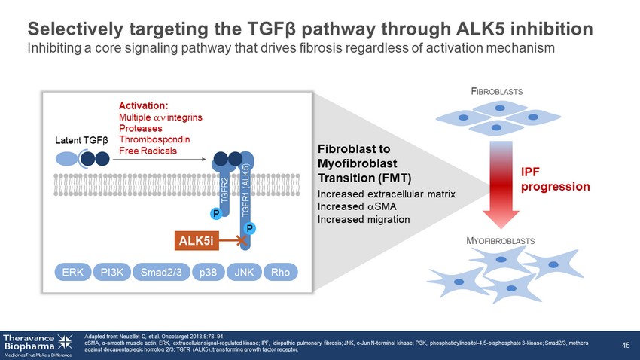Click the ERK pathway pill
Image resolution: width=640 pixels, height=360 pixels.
[73, 272]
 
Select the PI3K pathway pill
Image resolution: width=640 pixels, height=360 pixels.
[113, 272]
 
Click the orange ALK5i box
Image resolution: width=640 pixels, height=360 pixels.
[197, 240]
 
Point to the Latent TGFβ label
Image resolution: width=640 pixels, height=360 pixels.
[82, 140]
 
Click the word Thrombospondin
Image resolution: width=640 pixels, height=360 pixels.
[154, 139]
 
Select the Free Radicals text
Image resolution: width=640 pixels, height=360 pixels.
[148, 151]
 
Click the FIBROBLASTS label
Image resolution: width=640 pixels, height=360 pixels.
[497, 91]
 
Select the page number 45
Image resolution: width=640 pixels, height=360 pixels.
[625, 345]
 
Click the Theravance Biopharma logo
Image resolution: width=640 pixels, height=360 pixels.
[38, 343]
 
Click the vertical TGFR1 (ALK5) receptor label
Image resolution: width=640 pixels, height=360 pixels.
[245, 193]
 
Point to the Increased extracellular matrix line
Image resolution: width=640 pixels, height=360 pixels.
[386, 194]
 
